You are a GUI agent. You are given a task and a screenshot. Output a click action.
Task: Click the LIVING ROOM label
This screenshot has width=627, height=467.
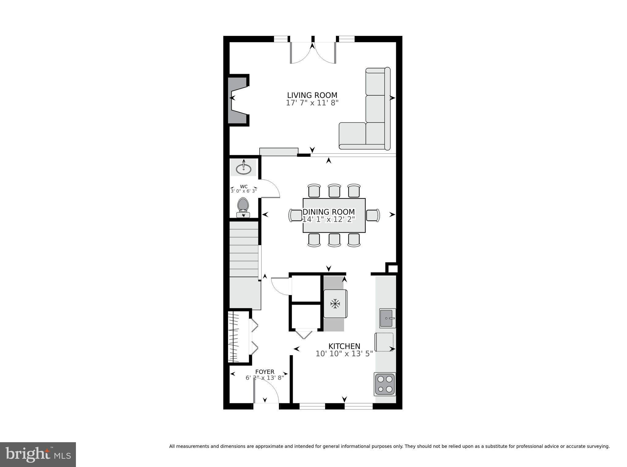312,95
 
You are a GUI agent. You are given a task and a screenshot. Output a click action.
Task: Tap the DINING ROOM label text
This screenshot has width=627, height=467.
329,212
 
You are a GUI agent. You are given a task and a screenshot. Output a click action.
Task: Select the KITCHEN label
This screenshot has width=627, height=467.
344,346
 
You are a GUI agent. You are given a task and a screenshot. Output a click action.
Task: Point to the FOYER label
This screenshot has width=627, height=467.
265,372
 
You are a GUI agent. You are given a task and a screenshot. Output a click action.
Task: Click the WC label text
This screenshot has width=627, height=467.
244,186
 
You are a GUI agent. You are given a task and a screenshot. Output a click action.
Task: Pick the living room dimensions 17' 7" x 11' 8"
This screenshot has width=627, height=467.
312,103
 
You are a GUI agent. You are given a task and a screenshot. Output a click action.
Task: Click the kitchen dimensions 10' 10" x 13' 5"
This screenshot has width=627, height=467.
344,354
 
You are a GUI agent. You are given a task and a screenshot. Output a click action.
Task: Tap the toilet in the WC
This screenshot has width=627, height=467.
243,208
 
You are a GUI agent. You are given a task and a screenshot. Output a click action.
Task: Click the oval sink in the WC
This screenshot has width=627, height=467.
244,169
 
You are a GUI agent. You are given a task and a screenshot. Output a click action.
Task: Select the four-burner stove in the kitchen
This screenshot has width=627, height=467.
385,384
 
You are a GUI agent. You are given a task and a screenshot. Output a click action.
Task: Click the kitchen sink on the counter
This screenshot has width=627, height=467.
387,318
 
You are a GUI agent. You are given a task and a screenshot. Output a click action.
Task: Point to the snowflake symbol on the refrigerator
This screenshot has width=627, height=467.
335,304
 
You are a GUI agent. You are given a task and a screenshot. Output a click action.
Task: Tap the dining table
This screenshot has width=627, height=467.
334,216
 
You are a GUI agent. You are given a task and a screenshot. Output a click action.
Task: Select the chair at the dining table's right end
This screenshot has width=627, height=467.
373,215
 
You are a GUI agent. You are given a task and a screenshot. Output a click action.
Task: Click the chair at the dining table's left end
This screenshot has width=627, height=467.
295,215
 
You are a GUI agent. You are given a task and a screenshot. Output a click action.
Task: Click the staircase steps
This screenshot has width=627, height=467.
244,249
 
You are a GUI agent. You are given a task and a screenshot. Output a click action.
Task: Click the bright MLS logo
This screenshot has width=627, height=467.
38,454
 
